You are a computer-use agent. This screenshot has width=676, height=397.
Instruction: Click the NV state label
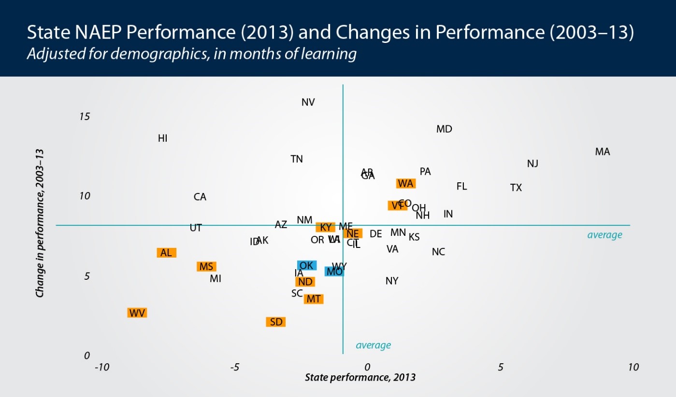[308, 102]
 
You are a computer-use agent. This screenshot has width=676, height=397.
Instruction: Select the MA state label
[603, 152]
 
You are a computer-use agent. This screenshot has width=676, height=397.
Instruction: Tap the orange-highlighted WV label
[137, 313]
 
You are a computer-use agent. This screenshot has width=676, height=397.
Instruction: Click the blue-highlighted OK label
[306, 266]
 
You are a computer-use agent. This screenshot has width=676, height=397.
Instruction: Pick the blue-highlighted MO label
[334, 272]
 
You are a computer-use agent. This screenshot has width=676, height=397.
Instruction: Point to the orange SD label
[276, 322]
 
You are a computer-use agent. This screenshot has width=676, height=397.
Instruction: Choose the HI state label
[163, 138]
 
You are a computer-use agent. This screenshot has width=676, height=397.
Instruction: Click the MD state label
[444, 129]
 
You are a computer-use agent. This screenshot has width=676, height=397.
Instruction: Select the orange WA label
[405, 184]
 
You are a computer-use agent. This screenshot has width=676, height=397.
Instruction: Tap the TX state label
[516, 188]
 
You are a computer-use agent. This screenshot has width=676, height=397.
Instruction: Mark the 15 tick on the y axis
[85, 117]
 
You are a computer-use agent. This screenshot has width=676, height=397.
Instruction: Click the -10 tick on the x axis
[101, 368]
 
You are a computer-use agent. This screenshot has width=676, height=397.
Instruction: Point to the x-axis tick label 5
[501, 368]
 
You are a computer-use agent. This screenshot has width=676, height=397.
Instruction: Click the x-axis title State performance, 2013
[360, 377]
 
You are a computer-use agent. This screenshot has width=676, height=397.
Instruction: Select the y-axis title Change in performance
[41, 222]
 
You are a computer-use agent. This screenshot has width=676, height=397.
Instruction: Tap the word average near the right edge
[604, 235]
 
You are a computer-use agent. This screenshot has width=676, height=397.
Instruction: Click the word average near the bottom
[373, 345]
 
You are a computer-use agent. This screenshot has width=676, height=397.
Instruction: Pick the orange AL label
[166, 253]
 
